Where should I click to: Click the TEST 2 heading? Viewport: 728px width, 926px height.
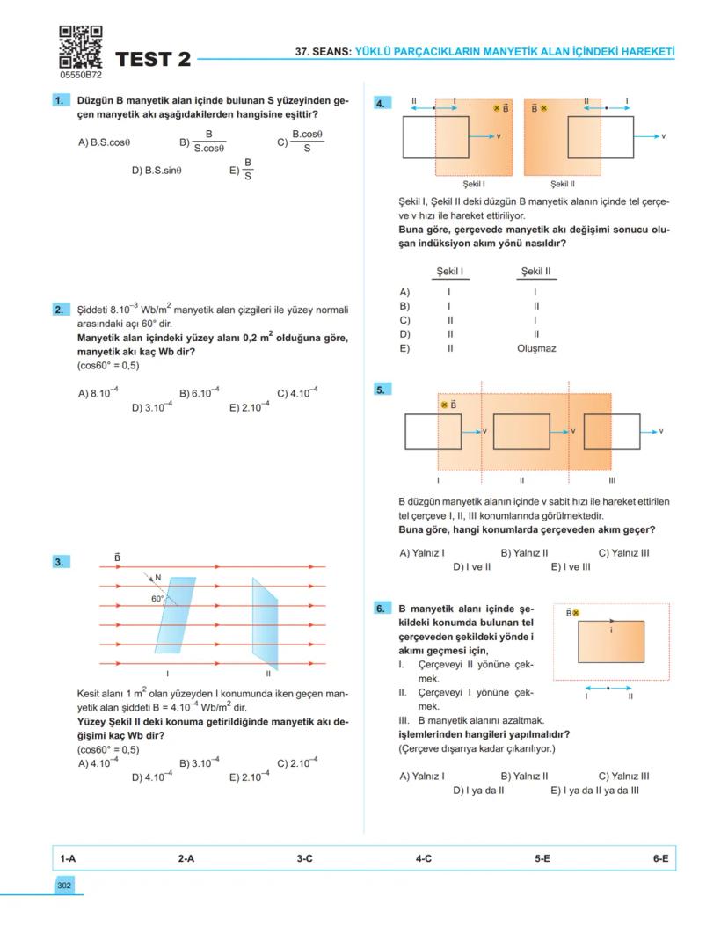(x=152, y=60)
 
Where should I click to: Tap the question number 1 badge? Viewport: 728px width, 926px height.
(x=61, y=101)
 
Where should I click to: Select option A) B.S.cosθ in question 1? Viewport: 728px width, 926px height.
(x=104, y=142)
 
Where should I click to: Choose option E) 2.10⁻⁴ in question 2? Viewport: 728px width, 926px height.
(x=250, y=407)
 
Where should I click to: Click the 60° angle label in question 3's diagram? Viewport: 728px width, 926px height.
(x=158, y=598)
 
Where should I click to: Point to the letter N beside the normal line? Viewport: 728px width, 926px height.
(x=158, y=578)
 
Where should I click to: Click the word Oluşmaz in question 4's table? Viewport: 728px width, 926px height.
(x=536, y=348)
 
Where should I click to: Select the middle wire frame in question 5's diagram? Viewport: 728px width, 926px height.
(x=521, y=431)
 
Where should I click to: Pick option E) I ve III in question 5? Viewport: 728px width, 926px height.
(x=571, y=567)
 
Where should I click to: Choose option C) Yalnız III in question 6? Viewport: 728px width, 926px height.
(x=623, y=777)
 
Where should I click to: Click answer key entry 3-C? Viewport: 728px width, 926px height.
(x=304, y=858)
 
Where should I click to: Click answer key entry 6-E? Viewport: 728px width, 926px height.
(x=660, y=858)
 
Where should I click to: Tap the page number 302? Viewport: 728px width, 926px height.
(x=63, y=886)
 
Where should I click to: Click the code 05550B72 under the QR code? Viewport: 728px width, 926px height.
(x=81, y=76)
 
